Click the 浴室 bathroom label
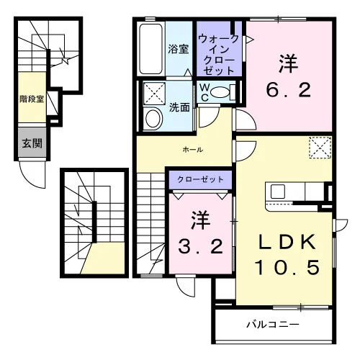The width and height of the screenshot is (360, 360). pyautogui.click(x=178, y=49)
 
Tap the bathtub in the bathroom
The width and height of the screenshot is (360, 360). pyautogui.click(x=150, y=49)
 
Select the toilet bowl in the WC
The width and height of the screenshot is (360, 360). pyautogui.click(x=221, y=92)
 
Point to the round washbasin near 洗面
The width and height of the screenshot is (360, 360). pyautogui.click(x=153, y=119)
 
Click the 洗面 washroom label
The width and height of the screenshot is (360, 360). pyautogui.click(x=179, y=107)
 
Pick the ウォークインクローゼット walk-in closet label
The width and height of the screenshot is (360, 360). pyautogui.click(x=219, y=55)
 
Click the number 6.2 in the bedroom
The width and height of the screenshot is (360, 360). pyautogui.click(x=289, y=90)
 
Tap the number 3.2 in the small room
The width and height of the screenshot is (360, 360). pyautogui.click(x=201, y=246)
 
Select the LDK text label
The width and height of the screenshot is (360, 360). pyautogui.click(x=287, y=242)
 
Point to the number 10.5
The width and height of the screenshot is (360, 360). pyautogui.click(x=287, y=267)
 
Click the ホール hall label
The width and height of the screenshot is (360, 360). pyautogui.click(x=193, y=150)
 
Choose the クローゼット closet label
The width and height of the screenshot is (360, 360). pyautogui.click(x=200, y=179)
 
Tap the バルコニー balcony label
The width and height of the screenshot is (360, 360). pyautogui.click(x=273, y=325)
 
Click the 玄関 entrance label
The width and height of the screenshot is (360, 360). pyautogui.click(x=32, y=143)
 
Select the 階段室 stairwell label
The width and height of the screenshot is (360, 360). pyautogui.click(x=32, y=99)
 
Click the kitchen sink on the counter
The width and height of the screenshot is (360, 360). pyautogui.click(x=278, y=192)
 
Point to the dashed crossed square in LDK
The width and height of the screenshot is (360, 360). pyautogui.click(x=320, y=148)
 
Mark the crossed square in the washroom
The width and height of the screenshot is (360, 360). pyautogui.click(x=154, y=94)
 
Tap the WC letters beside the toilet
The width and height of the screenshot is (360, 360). pyautogui.click(x=204, y=93)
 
